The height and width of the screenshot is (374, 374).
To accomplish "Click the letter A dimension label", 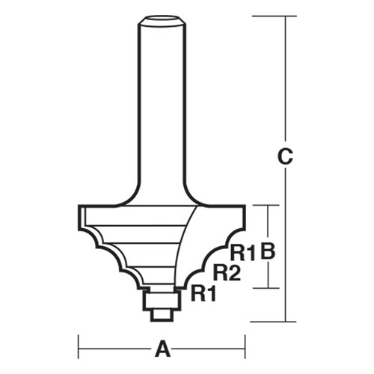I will (161, 349).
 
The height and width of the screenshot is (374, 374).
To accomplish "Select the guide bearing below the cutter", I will (160, 299).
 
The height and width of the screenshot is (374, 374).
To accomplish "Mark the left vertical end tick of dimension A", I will (79, 348).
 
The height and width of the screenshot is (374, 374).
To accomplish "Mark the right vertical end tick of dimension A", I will (245, 348).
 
